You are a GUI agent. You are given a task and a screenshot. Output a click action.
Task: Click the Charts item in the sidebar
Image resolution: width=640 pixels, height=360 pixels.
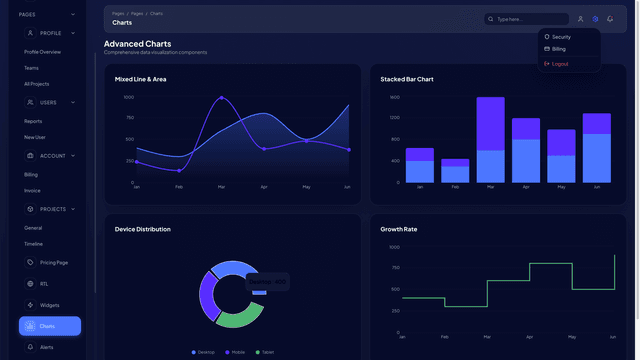[49, 326]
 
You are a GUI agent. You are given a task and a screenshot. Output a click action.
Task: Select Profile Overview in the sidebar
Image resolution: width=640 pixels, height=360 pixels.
[42, 51]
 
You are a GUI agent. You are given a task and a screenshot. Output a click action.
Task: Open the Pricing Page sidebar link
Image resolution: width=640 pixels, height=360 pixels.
[53, 262]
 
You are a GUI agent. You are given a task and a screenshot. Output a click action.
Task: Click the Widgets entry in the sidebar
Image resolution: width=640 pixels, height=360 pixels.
[49, 305]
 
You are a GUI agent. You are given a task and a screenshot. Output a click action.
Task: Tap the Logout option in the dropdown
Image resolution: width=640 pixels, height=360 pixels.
[560, 63]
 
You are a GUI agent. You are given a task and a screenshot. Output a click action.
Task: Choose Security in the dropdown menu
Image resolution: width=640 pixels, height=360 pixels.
[561, 36]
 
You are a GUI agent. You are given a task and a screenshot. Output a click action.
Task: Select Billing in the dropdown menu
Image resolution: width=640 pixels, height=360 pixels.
[558, 48]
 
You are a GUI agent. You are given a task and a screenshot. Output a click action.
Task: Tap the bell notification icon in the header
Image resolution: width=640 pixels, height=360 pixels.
[610, 19]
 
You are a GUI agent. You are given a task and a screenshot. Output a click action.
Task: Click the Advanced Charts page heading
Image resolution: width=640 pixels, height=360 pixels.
[137, 44]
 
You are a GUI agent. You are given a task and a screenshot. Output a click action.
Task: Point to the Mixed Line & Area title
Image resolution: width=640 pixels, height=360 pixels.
[140, 79]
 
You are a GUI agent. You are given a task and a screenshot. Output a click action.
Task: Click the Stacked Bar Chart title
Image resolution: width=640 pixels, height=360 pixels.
[407, 79]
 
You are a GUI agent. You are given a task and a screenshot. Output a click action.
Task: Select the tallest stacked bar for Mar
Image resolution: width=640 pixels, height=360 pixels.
[490, 140]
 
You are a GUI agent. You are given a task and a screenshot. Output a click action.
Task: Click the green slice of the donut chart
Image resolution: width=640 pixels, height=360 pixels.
[238, 317]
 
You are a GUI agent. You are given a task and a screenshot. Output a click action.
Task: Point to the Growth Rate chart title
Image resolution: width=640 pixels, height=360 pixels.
[399, 229]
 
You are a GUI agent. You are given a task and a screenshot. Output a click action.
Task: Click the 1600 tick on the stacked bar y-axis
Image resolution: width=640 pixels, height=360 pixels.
[394, 97]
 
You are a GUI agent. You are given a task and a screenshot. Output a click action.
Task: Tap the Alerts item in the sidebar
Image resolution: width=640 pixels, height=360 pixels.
[46, 347]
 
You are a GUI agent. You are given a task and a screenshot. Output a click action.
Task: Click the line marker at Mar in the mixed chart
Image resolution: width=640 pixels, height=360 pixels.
[221, 98]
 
